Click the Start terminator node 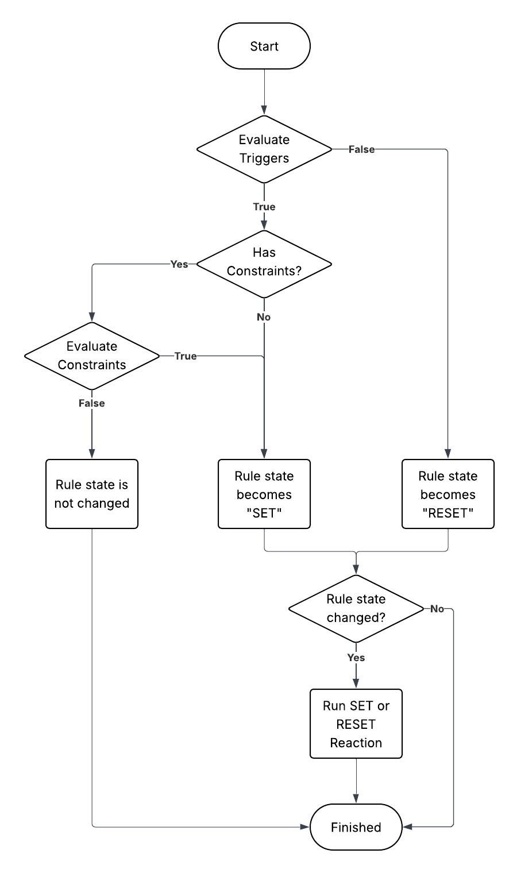264,46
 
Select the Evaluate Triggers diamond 264,149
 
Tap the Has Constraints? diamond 264,264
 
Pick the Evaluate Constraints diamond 92,356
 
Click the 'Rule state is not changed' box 92,494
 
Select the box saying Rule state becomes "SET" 264,494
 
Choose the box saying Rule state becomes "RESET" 448,494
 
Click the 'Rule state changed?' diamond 356,609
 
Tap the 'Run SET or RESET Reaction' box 356,724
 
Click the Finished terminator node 356,827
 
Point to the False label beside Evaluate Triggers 361,149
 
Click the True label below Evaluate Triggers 264,207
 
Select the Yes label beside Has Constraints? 179,264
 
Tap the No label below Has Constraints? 264,317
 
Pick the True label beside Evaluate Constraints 186,356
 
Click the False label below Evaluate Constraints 92,403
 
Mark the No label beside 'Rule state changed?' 437,609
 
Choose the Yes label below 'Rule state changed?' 356,658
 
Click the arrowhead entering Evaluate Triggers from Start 264,110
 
